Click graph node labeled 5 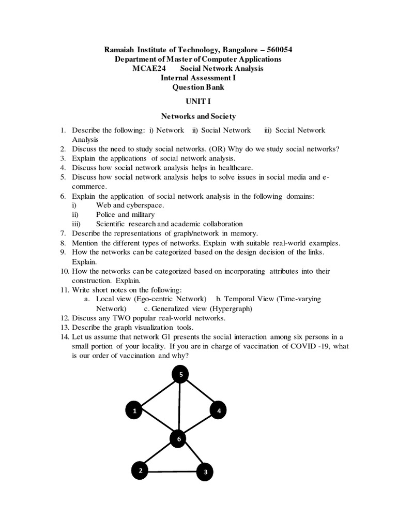180,374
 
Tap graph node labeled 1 134,411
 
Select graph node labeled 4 219,411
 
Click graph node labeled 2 140,470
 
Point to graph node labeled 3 205,472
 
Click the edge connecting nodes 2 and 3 173,471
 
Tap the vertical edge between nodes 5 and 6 179,407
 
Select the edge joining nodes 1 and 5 157,393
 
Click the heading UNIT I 198,102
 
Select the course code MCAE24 147,69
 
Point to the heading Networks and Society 198,116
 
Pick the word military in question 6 143,214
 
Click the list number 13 64,327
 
